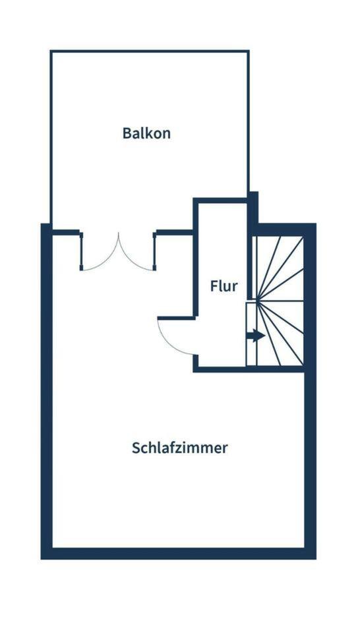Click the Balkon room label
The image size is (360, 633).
point(146,133)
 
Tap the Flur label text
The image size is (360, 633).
point(224,286)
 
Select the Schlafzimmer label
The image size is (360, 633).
point(180,448)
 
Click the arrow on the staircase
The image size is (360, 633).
point(255,336)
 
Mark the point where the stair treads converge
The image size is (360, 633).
point(257,301)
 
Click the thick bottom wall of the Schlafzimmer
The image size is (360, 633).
point(179,553)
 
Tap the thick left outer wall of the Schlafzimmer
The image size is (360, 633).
point(46,391)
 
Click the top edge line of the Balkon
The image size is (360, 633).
point(150,51)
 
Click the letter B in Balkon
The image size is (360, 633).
point(127,133)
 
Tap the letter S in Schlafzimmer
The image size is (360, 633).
point(136,448)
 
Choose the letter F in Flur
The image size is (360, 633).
point(214,286)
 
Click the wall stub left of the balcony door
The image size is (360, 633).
point(67,232)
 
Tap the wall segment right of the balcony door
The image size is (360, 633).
point(174,232)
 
